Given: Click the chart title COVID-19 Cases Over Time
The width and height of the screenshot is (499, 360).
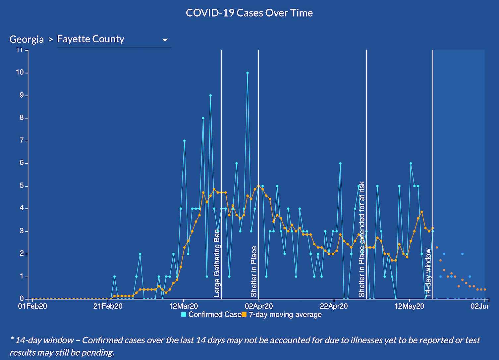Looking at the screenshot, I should click(249, 13).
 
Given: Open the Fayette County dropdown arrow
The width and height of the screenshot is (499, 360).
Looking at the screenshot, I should click(165, 40).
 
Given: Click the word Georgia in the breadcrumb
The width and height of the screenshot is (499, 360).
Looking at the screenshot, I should click(27, 39).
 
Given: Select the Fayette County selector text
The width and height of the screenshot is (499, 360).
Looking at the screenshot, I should click(90, 39).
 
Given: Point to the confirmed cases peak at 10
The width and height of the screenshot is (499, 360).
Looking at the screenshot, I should click(247, 73).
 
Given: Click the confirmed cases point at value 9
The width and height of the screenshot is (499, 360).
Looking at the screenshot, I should click(210, 95).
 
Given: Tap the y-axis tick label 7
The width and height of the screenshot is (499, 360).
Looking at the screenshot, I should click(22, 141).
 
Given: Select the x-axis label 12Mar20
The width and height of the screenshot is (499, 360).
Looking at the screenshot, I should click(184, 306).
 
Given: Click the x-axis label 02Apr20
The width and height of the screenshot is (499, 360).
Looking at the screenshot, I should click(259, 306).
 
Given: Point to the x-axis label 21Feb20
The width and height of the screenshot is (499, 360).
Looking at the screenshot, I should click(108, 306).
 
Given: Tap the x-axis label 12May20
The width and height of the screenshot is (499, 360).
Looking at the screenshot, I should click(410, 306).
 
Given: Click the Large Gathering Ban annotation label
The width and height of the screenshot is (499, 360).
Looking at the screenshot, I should click(217, 263).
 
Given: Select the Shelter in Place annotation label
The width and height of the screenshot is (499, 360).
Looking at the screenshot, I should click(254, 272).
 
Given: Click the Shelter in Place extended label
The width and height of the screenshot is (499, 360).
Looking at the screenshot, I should click(362, 239).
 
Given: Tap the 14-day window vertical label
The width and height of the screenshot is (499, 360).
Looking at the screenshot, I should click(428, 272).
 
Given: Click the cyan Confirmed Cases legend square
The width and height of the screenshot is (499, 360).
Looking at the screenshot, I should click(184, 314).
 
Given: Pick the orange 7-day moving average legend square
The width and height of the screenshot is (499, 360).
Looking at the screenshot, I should click(244, 314).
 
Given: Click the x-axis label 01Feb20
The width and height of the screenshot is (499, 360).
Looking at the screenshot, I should click(32, 306).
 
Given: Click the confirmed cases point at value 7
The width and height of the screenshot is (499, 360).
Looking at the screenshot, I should click(184, 141).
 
